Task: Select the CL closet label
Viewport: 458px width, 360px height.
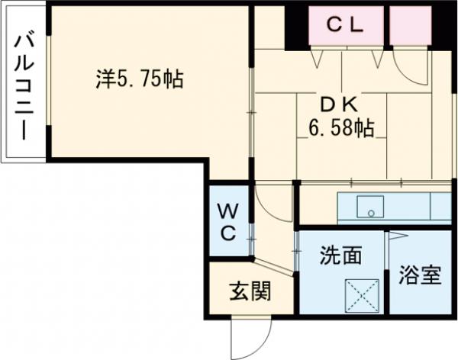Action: pyautogui.click(x=345, y=24)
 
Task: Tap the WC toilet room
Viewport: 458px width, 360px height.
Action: pyautogui.click(x=228, y=222)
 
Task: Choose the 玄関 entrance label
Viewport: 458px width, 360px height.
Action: pyautogui.click(x=249, y=290)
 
